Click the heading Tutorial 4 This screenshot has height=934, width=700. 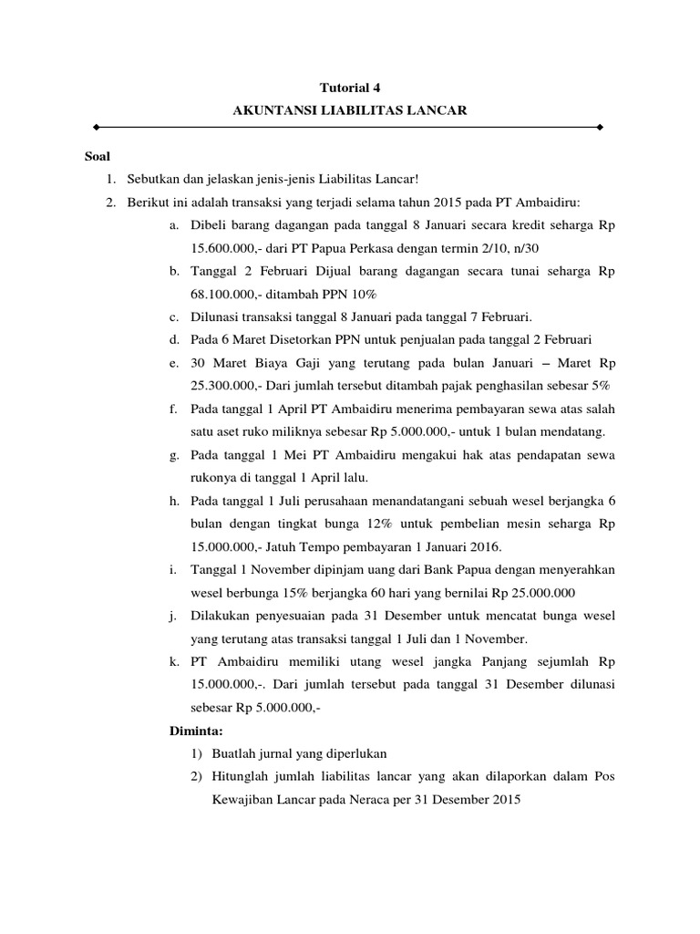pyautogui.click(x=349, y=88)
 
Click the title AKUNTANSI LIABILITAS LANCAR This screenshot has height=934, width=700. pyautogui.click(x=349, y=110)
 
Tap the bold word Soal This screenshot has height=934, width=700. pyautogui.click(x=96, y=157)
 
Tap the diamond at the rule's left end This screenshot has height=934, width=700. pyautogui.click(x=97, y=128)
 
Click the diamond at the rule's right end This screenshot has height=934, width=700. pyautogui.click(x=600, y=128)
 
